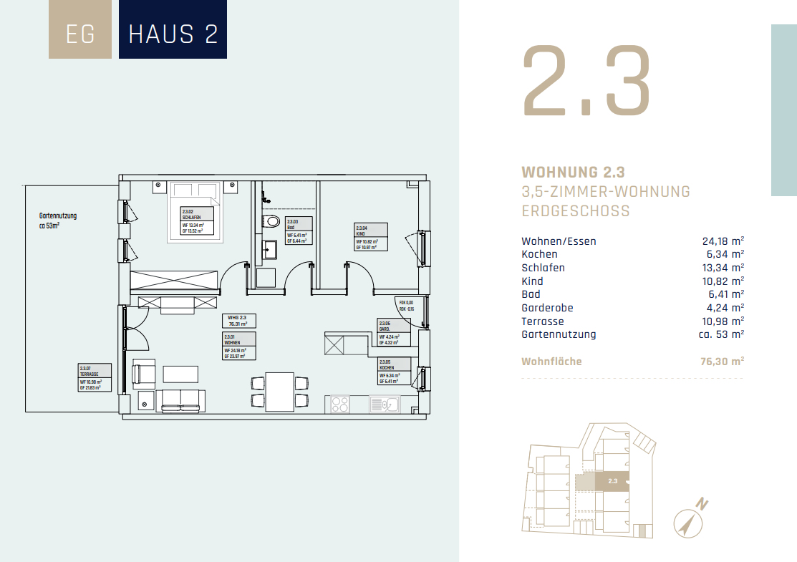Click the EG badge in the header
79,34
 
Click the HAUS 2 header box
173,34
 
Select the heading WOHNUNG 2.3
573,173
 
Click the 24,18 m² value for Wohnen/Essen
723,241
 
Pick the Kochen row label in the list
539,254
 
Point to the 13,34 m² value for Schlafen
723,268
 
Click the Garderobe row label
548,308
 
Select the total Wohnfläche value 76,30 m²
721,362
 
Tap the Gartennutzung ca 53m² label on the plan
58,220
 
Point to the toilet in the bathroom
272,221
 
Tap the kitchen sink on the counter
385,405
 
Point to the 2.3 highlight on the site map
612,481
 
